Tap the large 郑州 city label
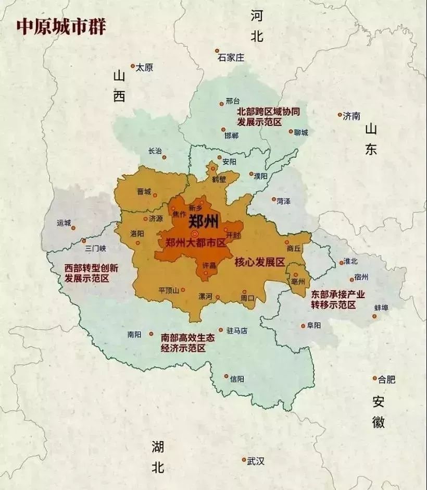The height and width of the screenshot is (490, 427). click(x=203, y=222)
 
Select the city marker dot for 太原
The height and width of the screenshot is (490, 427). click(x=133, y=66)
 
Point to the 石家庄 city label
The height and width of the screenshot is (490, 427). click(x=231, y=58)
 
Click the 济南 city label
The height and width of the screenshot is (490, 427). click(x=352, y=116)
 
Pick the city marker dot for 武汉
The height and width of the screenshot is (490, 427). click(x=244, y=460)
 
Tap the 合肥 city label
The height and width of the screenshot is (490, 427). click(x=387, y=379)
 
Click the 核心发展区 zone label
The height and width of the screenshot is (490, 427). click(x=259, y=262)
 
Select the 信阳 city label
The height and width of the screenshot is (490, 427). click(x=237, y=379)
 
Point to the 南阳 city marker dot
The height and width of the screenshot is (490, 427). click(x=151, y=334)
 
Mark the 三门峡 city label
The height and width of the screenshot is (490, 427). click(x=95, y=249)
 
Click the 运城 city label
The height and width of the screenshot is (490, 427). click(x=64, y=223)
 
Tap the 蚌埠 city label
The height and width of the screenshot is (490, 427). click(x=381, y=308)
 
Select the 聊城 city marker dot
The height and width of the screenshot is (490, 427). click(x=291, y=131)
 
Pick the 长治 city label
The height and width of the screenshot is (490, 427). click(x=155, y=151)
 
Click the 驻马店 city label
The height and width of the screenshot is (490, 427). click(x=236, y=330)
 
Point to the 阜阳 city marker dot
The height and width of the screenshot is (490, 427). click(x=303, y=326)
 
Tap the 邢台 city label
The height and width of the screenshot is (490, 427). click(x=233, y=101)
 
